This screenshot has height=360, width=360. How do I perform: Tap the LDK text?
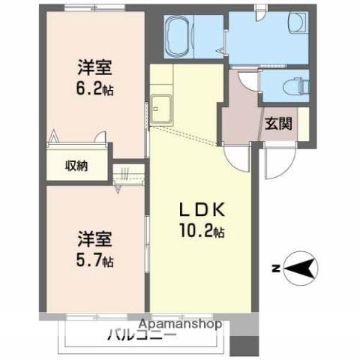pyautogui.click(x=198, y=209)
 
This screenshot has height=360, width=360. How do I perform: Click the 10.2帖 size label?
pyautogui.click(x=199, y=231)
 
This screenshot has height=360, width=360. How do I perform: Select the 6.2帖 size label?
pyautogui.click(x=94, y=88)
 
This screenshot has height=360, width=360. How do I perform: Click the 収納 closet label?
pyautogui.click(x=76, y=166)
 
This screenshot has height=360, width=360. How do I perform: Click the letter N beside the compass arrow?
pyautogui.click(x=275, y=267)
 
